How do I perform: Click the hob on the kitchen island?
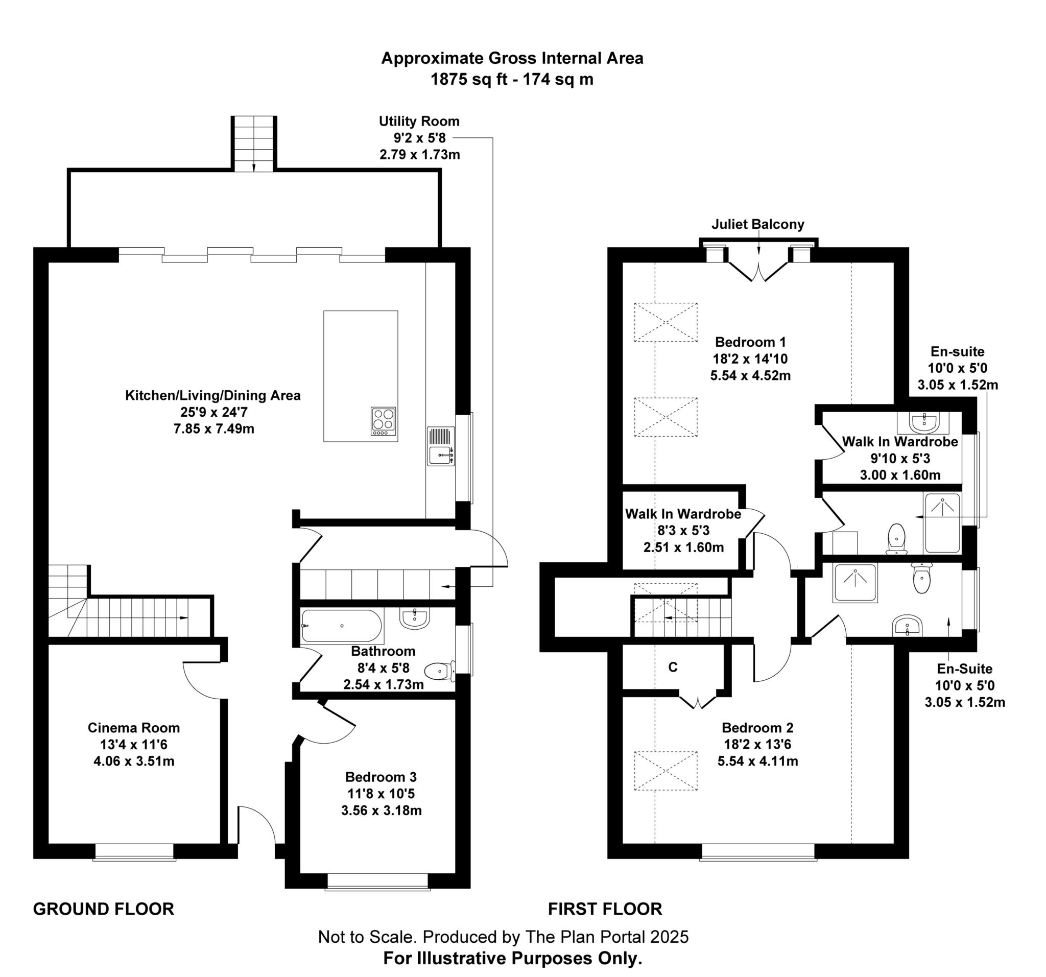tap(383, 420)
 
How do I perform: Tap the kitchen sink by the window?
tap(441, 446)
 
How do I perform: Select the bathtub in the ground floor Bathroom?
tap(342, 626)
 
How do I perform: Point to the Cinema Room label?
tap(134, 728)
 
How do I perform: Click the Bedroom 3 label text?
tap(381, 777)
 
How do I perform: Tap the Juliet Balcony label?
tap(757, 225)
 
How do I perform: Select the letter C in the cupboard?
tap(673, 667)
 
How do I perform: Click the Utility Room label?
tap(419, 122)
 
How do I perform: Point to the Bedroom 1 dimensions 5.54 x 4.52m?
tap(750, 376)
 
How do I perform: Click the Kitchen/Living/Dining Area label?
tap(212, 395)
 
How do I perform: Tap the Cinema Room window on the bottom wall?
tap(134, 852)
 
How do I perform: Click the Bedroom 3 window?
tap(378, 883)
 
